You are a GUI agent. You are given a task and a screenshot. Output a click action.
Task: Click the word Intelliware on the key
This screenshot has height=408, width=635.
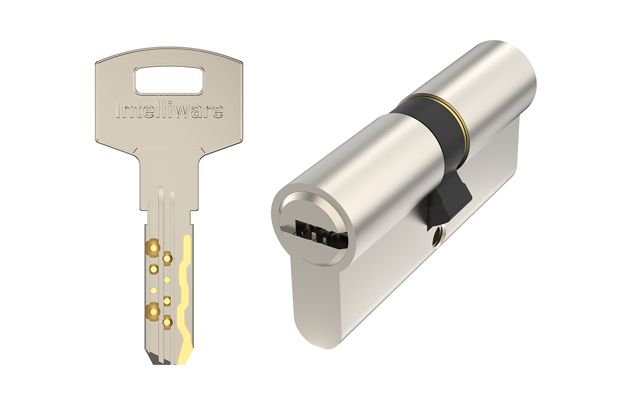coord(169,110)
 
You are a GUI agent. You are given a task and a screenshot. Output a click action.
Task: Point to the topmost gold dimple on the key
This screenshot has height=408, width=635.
coord(153,246)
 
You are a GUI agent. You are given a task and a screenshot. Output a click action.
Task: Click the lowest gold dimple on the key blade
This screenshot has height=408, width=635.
coord(167,322)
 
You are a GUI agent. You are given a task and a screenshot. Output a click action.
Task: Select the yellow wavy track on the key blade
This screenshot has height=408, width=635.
coord(185,300)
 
